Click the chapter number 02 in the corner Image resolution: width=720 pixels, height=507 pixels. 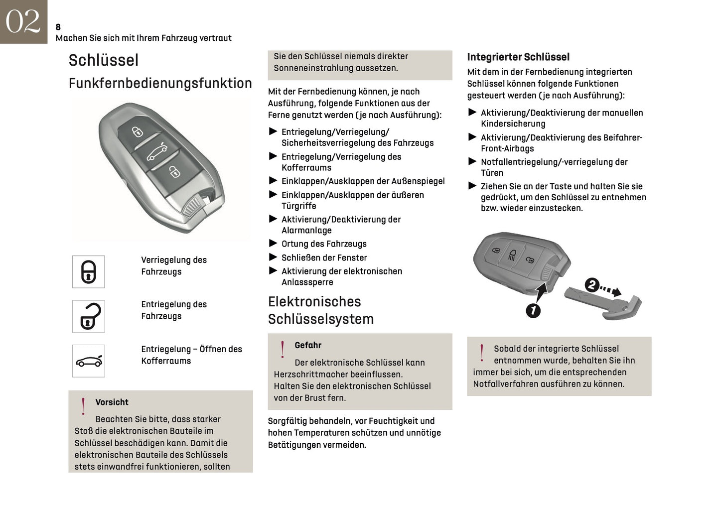(x=23, y=21)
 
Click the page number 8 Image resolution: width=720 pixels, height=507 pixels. (x=58, y=27)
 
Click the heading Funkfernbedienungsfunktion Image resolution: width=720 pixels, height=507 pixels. (x=160, y=83)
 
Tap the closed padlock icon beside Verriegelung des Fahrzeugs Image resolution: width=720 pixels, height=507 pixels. (x=89, y=272)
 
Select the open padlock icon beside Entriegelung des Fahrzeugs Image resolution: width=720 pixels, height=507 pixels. (x=89, y=316)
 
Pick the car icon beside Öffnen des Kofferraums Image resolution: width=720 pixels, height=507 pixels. (x=89, y=361)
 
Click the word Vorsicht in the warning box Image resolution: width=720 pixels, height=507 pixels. (x=112, y=402)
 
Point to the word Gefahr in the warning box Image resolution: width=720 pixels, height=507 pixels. (x=307, y=345)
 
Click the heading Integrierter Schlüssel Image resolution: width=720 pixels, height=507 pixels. (x=518, y=57)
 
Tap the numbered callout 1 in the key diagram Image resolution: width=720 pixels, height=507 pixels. (x=533, y=311)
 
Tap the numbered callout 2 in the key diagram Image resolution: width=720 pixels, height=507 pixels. (x=591, y=285)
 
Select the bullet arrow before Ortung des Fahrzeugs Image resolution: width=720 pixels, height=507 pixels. (x=273, y=243)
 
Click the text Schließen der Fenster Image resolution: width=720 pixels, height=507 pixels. (x=324, y=257)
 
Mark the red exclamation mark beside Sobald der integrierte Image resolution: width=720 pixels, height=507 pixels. (x=481, y=353)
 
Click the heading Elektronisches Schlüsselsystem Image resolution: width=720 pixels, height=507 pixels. (x=320, y=310)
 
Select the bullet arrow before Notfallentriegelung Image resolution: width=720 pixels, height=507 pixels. (x=472, y=161)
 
